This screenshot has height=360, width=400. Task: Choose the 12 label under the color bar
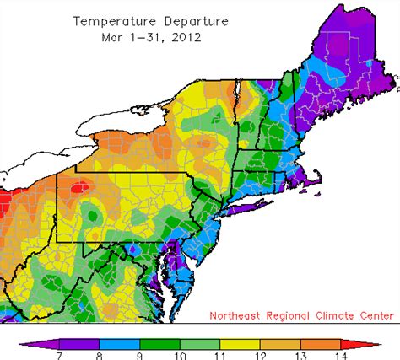click(x=260, y=354)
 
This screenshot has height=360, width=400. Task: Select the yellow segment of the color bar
click(x=240, y=342)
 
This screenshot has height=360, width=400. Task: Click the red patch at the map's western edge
click(x=5, y=203)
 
